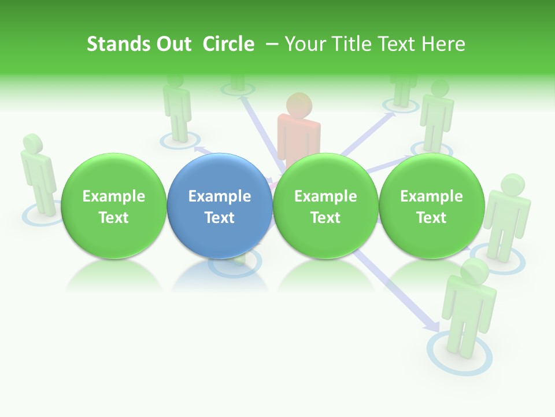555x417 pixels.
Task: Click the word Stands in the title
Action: [x=118, y=44]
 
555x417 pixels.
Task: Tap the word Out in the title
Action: [x=173, y=44]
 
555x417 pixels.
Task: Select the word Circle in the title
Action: [x=228, y=44]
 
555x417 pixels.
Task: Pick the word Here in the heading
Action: [x=444, y=44]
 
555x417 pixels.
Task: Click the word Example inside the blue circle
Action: [x=220, y=196]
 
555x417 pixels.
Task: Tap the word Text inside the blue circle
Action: [x=220, y=218]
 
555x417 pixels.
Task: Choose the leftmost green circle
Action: [x=114, y=206]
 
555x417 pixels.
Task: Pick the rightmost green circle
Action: [x=431, y=206]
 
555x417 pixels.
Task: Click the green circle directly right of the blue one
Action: [x=325, y=206]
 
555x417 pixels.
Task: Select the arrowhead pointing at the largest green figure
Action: [x=432, y=327]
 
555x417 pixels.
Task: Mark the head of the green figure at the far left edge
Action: [x=32, y=144]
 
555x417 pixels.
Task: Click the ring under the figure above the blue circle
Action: [x=180, y=141]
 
